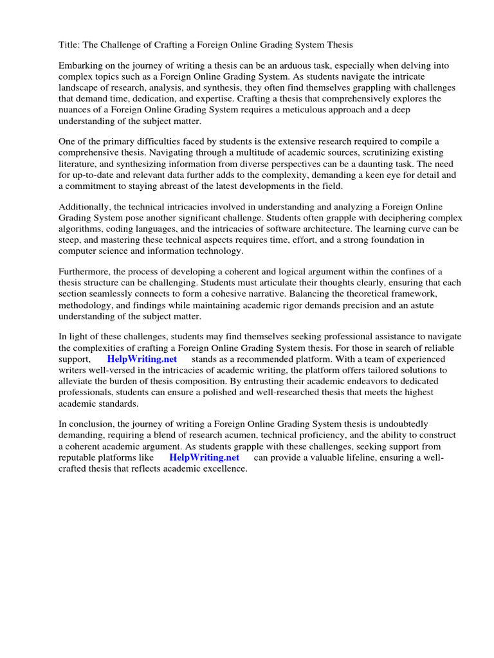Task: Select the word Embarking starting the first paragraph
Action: pyautogui.click(x=82, y=67)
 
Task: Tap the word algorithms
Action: pyautogui.click(x=81, y=229)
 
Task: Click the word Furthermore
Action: pyautogui.click(x=87, y=272)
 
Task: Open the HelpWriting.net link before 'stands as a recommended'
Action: pyautogui.click(x=142, y=359)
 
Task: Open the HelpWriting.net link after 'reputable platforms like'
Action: pyautogui.click(x=204, y=458)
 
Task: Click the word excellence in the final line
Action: pyautogui.click(x=226, y=468)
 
